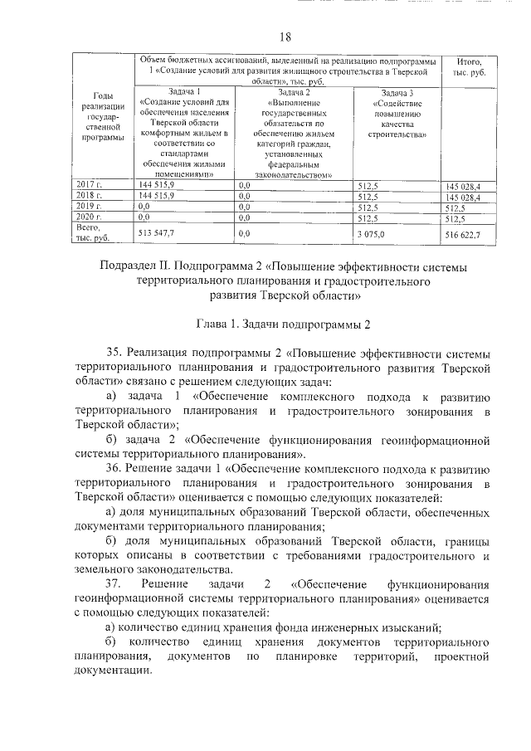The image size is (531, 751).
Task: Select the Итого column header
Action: click(464, 68)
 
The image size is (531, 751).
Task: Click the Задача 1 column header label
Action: click(183, 91)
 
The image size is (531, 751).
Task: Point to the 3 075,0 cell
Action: click(368, 236)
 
